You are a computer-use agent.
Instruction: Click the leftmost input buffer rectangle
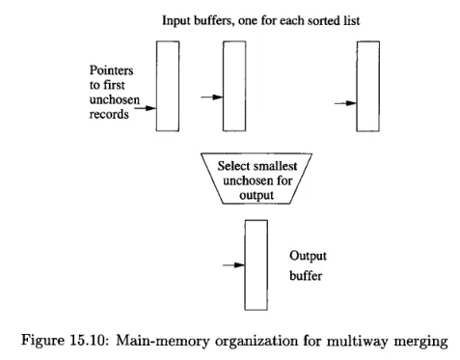(167, 86)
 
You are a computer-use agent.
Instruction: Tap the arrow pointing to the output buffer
(232, 264)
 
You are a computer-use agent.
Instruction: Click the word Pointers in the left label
(106, 70)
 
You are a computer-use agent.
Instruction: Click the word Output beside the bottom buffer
(311, 256)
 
